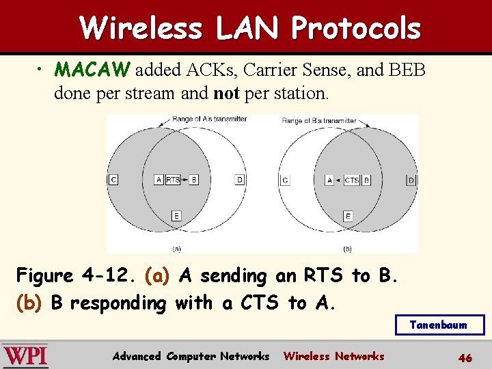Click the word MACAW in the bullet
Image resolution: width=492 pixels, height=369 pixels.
point(94,70)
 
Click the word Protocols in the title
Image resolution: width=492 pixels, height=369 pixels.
point(355,29)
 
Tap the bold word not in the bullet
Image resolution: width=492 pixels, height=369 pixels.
point(225,93)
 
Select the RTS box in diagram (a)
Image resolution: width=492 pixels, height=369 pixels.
point(173,180)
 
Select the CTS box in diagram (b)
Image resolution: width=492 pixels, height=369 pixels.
point(351,180)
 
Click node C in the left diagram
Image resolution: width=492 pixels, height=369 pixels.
point(113,180)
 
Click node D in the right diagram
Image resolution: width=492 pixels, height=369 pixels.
point(411,180)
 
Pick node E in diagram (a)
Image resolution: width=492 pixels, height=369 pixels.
point(176,216)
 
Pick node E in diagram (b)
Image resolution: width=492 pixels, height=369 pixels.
point(348,216)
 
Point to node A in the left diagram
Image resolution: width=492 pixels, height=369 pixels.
point(159,180)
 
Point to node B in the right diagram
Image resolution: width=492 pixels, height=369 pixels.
point(367,180)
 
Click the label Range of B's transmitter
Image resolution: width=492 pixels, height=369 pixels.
point(319,120)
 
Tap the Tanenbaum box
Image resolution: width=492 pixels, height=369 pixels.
point(439,325)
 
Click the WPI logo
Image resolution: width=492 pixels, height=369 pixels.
point(25,356)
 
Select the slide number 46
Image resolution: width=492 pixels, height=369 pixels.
point(465,357)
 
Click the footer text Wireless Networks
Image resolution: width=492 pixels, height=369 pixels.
point(333,356)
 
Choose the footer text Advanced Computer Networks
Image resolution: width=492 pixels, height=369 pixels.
point(191,356)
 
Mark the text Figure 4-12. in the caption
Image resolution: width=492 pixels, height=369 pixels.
point(77,276)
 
